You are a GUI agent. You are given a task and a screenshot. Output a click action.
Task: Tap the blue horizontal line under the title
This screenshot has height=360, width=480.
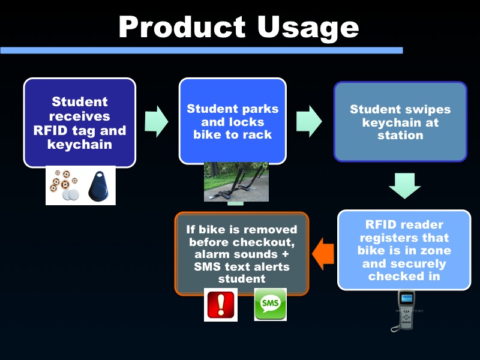pos(201,50)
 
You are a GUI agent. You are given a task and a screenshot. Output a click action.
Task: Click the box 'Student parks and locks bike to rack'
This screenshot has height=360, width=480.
pos(232,121)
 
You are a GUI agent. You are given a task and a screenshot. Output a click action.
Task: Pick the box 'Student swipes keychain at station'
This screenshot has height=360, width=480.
pos(400,122)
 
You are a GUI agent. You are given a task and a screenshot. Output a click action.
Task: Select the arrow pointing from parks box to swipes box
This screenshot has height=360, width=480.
pos(309,120)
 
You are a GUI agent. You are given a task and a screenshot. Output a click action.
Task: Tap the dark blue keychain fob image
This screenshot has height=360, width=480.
pos(97,185)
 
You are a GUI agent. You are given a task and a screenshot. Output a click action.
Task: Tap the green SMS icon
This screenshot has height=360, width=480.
pos(270,305)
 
